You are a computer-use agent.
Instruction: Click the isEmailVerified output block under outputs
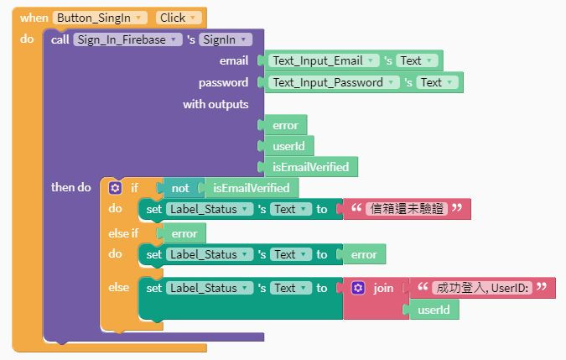(x=310, y=167)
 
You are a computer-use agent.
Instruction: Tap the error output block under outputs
(x=285, y=125)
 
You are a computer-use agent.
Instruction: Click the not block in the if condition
(x=180, y=188)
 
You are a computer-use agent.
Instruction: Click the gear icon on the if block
(x=116, y=188)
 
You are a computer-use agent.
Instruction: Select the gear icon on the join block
(x=358, y=288)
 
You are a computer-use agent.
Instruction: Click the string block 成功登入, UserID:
(x=481, y=288)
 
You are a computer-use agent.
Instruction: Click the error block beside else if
(x=184, y=233)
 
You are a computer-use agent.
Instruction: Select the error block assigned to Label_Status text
(x=364, y=254)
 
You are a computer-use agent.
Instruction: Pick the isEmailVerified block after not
(x=251, y=188)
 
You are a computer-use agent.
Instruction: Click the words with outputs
(x=215, y=104)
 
